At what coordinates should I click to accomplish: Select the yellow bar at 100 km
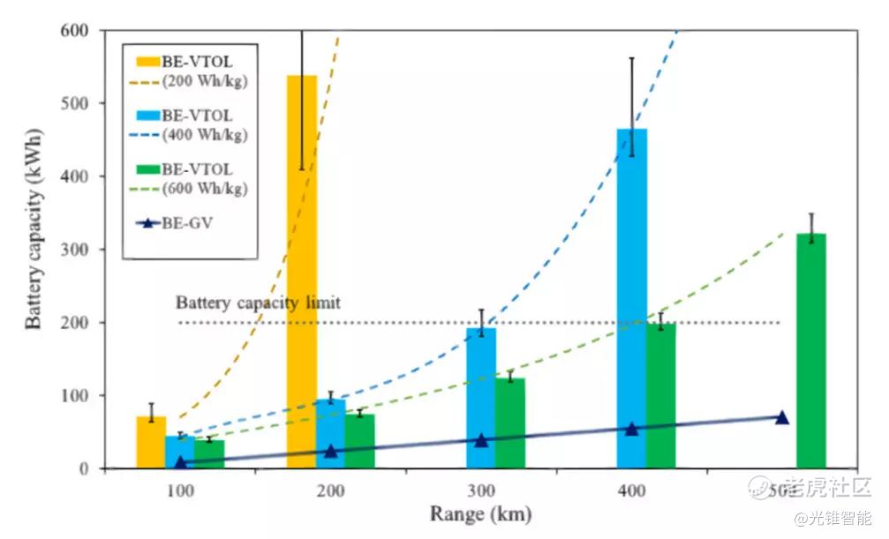(151, 442)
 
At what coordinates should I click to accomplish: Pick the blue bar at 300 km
(481, 398)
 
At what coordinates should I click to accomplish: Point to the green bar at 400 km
(661, 395)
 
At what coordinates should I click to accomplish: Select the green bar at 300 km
(509, 423)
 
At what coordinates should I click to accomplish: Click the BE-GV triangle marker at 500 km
(781, 417)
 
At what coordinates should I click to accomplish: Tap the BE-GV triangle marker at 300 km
(481, 440)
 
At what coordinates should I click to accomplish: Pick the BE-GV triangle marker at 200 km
(331, 452)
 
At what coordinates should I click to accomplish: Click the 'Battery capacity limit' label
(258, 303)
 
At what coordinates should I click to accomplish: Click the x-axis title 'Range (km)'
(481, 513)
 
